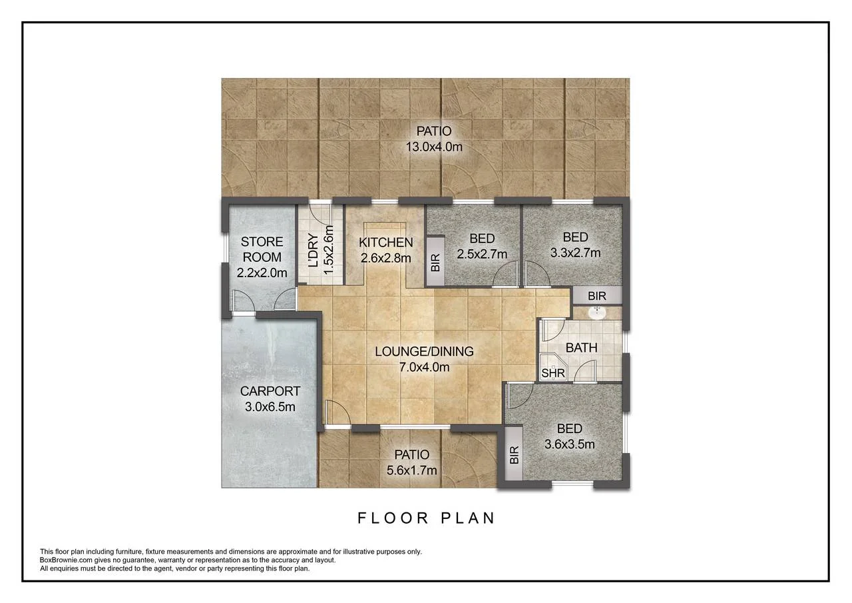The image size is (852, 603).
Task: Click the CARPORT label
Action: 270,391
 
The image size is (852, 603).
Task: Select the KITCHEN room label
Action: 385,243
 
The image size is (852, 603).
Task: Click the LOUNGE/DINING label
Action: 424,351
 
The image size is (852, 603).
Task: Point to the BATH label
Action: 581,348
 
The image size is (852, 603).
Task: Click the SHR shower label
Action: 552,374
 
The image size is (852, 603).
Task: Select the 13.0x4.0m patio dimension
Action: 433,147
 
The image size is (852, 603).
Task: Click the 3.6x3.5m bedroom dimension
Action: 569,444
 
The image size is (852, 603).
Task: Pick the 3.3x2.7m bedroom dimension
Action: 575,253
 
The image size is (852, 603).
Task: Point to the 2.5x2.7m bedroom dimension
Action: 482,254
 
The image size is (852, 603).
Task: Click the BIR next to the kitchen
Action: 435,262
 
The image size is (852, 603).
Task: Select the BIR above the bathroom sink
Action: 597,295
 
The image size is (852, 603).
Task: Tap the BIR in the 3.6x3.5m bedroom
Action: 513,455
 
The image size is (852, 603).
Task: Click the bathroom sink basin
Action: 598,312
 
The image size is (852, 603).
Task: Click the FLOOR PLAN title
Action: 426,518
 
